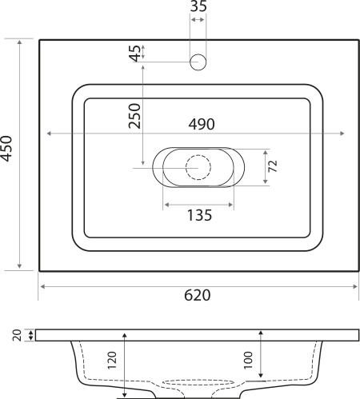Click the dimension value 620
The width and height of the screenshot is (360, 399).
coord(198,295)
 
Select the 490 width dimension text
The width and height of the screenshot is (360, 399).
coord(202,124)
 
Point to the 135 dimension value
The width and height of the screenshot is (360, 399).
coord(198,215)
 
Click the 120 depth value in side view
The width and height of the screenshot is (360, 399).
coord(112,365)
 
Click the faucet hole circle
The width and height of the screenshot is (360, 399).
coord(198,62)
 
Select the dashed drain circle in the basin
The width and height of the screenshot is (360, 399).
coord(198,167)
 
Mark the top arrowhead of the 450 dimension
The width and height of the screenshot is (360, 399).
coord(19,41)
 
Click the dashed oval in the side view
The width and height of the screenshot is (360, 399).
coord(199,382)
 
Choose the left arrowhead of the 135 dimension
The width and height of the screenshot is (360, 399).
coord(166,204)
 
